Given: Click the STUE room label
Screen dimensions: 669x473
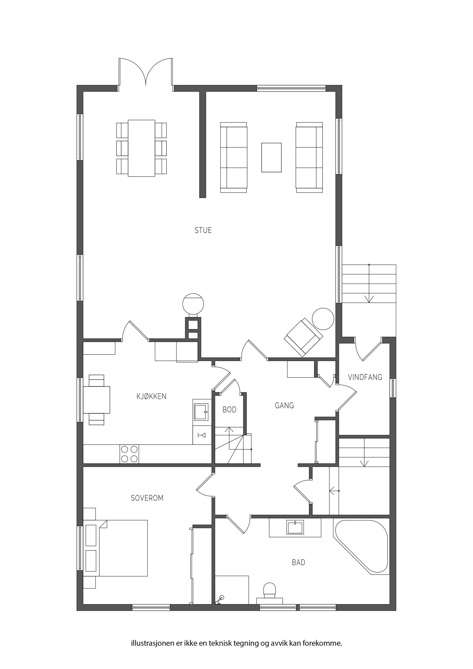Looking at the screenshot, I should (203, 230).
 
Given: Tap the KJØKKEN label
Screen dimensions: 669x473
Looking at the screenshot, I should (151, 396).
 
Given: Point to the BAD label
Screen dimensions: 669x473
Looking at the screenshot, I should (298, 562).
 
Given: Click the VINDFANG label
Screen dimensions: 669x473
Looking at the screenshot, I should (365, 377).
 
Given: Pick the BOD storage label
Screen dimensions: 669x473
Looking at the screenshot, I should (229, 410).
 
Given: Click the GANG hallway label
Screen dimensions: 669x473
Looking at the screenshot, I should (284, 405).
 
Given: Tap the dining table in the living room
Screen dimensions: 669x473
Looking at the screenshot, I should (141, 148).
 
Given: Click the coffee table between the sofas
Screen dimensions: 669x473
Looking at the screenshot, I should (271, 157).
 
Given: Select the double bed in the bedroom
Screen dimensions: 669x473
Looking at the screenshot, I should (123, 548).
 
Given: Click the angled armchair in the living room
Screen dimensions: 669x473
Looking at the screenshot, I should (303, 337).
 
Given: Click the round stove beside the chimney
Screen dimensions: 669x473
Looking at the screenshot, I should (193, 304).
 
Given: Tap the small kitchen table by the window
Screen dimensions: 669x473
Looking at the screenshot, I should (97, 400).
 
